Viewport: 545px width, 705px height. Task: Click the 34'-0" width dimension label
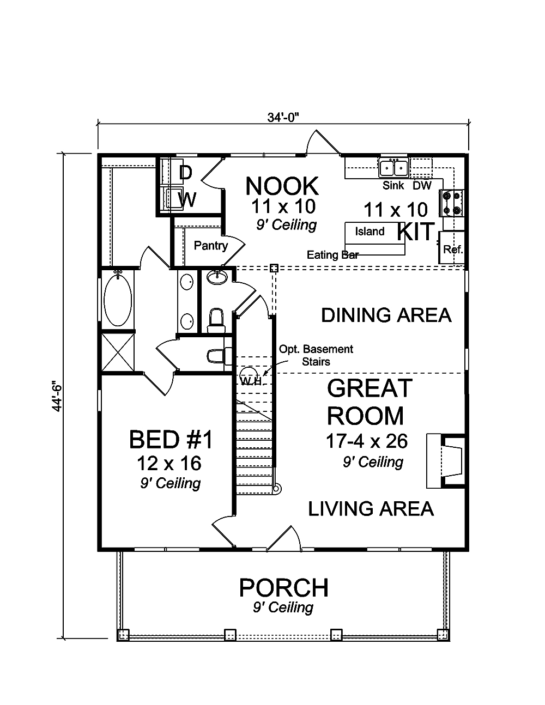click(x=283, y=118)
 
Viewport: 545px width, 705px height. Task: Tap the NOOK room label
click(x=282, y=186)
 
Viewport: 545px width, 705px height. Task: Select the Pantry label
click(x=211, y=246)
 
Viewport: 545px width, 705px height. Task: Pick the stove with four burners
click(x=452, y=203)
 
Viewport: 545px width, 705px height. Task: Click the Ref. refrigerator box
click(x=452, y=247)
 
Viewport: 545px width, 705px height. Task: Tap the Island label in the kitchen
click(x=370, y=232)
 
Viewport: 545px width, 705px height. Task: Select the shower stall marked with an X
click(x=118, y=353)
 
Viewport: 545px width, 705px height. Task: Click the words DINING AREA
click(x=386, y=315)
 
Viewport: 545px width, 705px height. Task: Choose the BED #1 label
click(x=171, y=440)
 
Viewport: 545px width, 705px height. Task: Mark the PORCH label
click(x=283, y=587)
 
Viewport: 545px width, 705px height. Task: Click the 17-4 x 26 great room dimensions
click(x=367, y=441)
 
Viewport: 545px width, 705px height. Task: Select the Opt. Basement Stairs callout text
click(x=316, y=355)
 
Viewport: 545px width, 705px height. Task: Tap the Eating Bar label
click(x=332, y=255)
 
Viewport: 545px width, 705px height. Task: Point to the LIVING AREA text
click(x=371, y=509)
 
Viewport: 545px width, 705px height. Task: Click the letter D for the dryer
click(x=185, y=173)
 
